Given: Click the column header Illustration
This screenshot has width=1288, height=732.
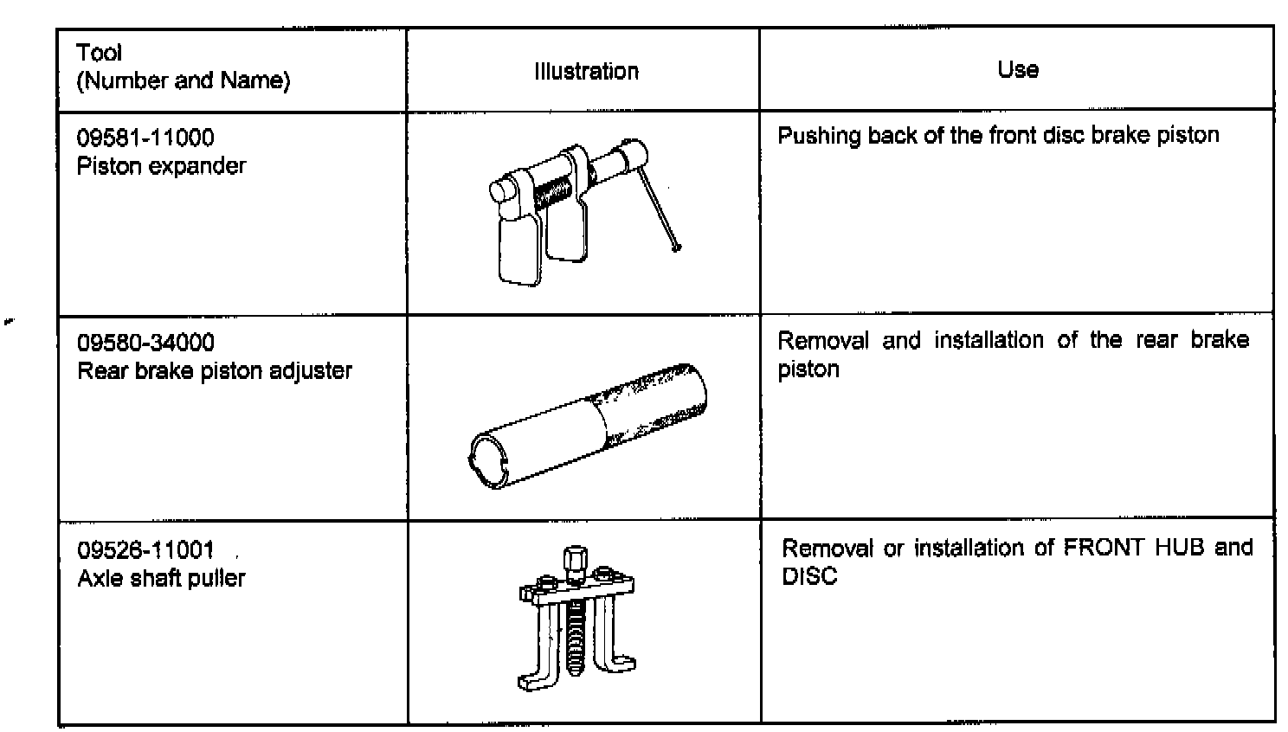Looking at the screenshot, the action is pyautogui.click(x=586, y=71).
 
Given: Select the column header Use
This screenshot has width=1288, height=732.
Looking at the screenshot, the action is pyautogui.click(x=1017, y=69).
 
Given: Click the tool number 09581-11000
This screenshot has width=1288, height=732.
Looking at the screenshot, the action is pyautogui.click(x=145, y=138).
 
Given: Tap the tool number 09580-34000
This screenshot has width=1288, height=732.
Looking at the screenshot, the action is pyautogui.click(x=145, y=343).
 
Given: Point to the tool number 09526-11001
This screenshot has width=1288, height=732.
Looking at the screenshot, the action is pyautogui.click(x=145, y=550).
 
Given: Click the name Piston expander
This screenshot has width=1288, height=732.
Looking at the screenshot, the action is pyautogui.click(x=161, y=165).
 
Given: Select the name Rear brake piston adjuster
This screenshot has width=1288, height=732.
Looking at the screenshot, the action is pyautogui.click(x=215, y=370).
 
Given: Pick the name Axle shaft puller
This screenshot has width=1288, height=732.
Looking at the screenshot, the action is pyautogui.click(x=161, y=578).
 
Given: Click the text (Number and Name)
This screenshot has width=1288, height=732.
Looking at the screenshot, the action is pyautogui.click(x=184, y=81).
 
